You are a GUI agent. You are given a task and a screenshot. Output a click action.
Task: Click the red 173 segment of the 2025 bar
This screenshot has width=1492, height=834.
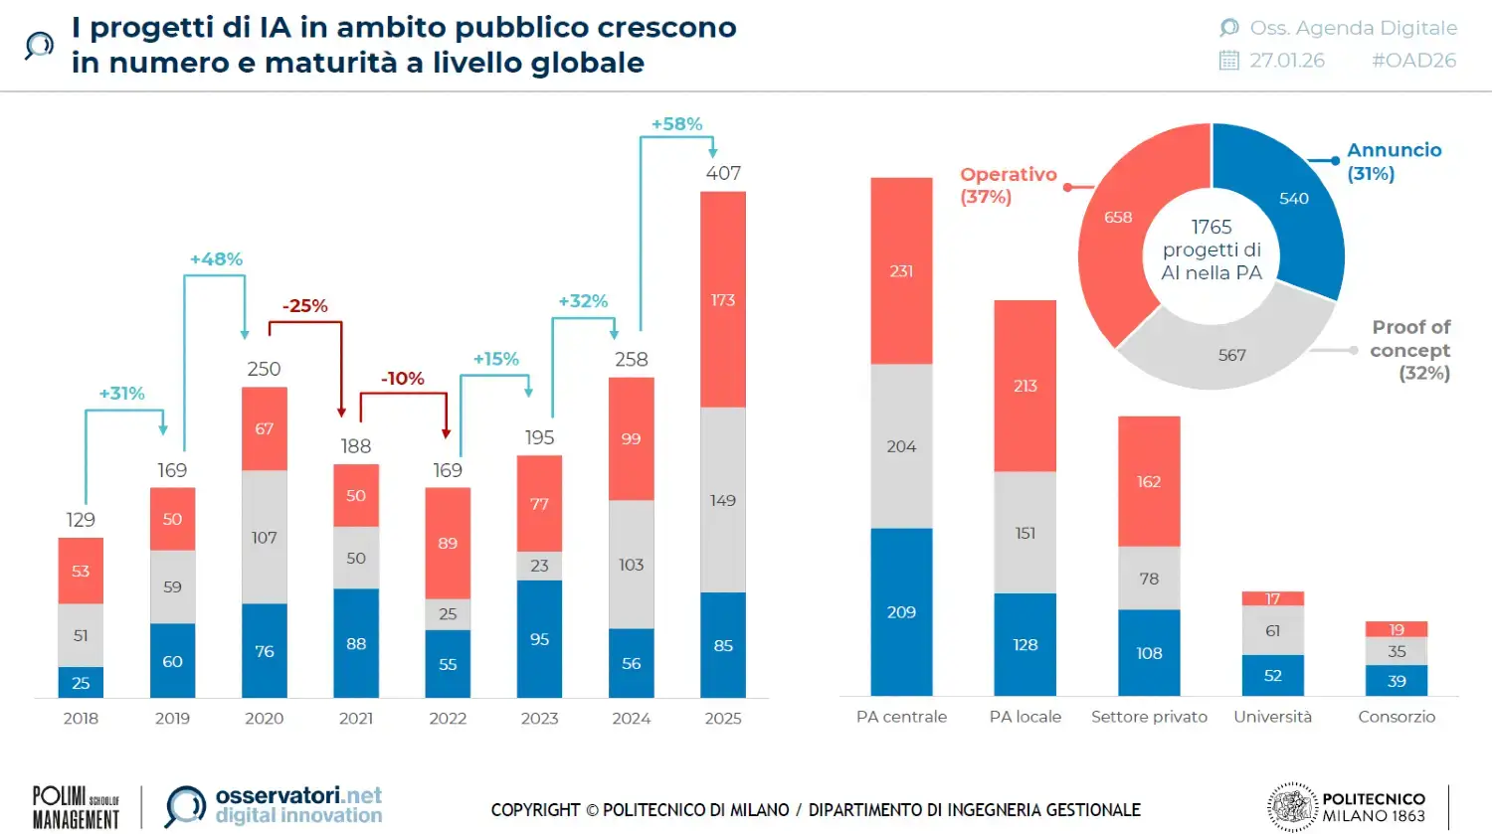coord(723,299)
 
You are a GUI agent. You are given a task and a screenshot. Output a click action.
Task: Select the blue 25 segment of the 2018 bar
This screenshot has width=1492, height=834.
coord(81,683)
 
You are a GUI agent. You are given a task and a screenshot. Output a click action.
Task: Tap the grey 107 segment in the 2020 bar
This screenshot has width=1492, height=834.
coord(264,538)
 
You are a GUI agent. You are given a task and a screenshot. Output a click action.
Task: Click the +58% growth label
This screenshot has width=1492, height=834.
coord(676,124)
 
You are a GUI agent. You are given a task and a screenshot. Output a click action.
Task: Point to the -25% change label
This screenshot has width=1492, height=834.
coord(304,306)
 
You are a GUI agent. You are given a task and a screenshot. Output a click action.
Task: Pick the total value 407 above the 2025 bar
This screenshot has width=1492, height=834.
coord(723,173)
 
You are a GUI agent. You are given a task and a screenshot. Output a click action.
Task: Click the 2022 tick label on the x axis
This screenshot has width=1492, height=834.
coord(448,718)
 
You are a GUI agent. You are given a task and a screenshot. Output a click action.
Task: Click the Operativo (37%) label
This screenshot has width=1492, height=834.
coord(1007,185)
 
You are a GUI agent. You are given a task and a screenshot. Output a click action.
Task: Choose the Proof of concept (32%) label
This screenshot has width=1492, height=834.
coord(1409,350)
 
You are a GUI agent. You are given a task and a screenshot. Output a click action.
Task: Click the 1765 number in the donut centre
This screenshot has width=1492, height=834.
coord(1212,227)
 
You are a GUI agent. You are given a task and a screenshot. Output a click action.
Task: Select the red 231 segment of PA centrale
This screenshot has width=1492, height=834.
coord(901,270)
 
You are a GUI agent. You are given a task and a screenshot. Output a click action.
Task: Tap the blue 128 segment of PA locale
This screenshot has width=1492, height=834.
coord(1025,644)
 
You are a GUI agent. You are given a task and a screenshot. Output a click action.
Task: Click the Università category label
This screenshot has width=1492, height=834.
coord(1272,717)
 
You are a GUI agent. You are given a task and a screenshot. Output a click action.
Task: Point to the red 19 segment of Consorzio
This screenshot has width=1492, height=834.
coord(1396,629)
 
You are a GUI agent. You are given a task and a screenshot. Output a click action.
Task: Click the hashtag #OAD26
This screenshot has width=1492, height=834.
coord(1413,61)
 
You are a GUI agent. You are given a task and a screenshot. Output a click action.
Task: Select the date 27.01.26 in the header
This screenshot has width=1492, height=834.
coord(1287,61)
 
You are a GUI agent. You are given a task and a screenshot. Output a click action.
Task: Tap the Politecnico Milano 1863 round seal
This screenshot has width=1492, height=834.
coord(1292,806)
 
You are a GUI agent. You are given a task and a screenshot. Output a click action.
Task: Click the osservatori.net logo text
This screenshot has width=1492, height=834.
coord(298,795)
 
